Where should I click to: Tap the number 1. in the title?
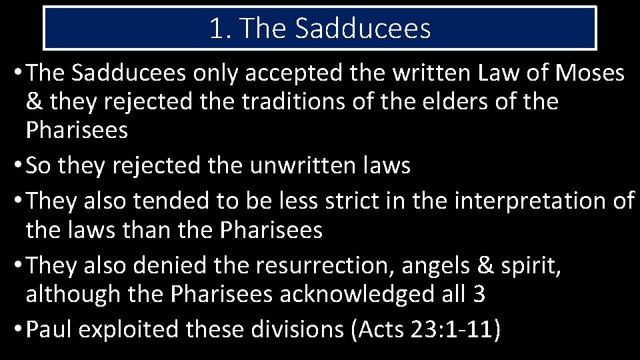click(219, 29)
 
